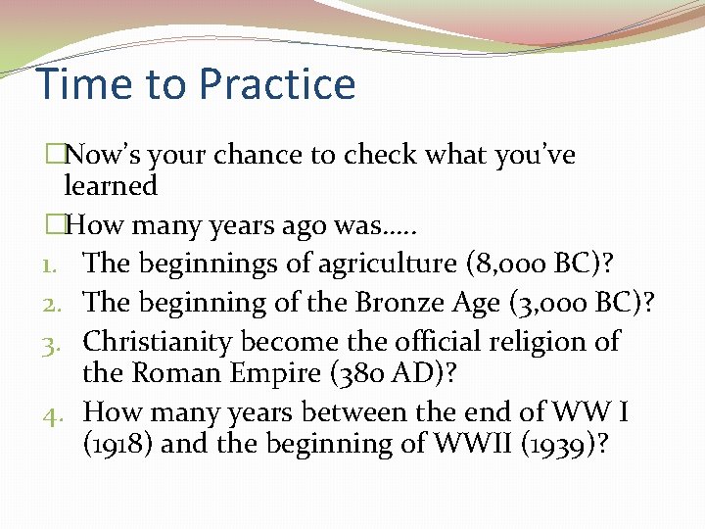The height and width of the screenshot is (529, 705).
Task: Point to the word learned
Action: click(x=111, y=185)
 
